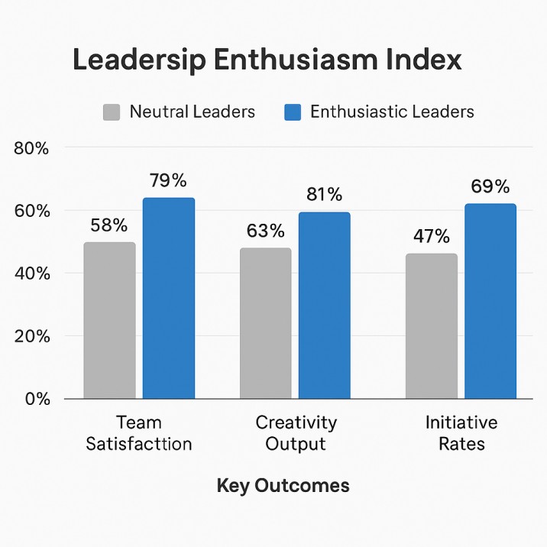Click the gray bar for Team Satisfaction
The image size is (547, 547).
(x=109, y=320)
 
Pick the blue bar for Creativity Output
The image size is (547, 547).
(x=324, y=305)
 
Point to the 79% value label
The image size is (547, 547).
(x=168, y=181)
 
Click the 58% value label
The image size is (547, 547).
(x=109, y=225)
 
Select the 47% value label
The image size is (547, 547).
(x=432, y=237)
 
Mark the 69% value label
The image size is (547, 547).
(x=490, y=187)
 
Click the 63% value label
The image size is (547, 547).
(x=265, y=231)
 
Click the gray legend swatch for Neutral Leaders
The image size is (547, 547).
(x=112, y=112)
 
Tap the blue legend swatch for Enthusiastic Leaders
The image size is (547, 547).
(x=293, y=112)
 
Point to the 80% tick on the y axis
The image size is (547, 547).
(x=31, y=148)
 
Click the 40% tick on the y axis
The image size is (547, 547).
(x=31, y=273)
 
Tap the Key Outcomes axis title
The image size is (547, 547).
(x=283, y=486)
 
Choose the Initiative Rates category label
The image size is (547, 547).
(x=461, y=433)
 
